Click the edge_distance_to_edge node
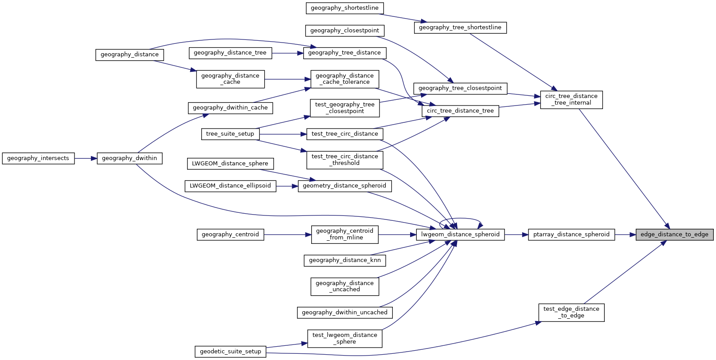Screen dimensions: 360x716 pos(674,235)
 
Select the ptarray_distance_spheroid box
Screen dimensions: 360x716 pos(571,235)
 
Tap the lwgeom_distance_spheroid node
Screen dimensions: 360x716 pos(460,235)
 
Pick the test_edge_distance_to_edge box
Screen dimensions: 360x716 pos(571,312)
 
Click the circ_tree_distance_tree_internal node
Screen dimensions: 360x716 pos(571,99)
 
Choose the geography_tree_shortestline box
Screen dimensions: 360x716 pos(460,27)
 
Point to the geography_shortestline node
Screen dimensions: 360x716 pos(344,8)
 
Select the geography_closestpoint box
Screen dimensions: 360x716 pos(344,31)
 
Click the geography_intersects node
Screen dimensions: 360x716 pos(38,158)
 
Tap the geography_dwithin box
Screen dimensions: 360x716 pos(129,158)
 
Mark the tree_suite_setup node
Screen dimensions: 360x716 pos(230,134)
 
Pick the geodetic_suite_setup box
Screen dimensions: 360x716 pos(230,352)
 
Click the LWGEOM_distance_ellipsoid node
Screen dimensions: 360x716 pos(230,186)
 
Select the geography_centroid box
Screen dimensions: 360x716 pos(230,235)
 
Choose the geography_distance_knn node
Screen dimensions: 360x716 pos(344,260)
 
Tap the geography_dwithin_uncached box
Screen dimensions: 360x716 pos(344,313)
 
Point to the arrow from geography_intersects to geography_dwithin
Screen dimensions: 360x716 pos(86,158)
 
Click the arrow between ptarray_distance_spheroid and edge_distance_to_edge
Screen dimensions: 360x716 pos(625,235)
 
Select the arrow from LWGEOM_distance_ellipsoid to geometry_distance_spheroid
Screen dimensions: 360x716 pos(287,186)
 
